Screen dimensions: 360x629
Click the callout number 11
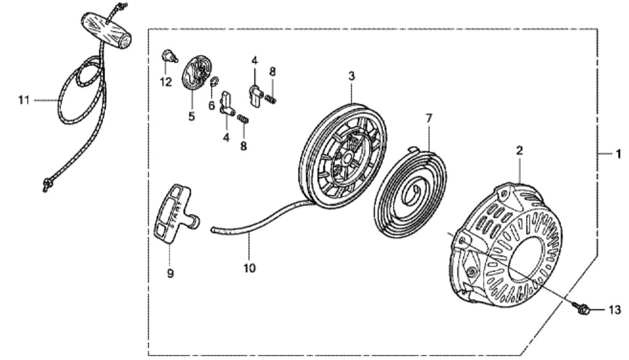coord(24,100)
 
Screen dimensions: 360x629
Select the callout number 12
coord(166,82)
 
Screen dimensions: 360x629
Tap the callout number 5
coord(192,117)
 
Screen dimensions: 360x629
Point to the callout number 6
coord(211,104)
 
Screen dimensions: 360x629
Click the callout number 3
coord(352,76)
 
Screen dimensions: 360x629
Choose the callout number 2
coord(519,151)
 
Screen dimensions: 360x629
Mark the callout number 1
coord(618,154)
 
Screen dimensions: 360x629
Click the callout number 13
coord(614,311)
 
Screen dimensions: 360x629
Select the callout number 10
coord(249,268)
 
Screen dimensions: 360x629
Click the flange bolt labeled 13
coord(583,309)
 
